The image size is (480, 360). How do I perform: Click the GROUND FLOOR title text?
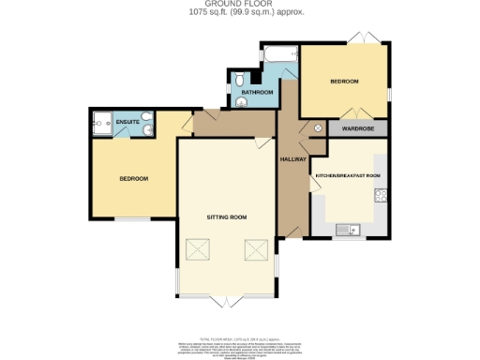click(x=240, y=5)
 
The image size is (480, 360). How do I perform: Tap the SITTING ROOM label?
click(x=227, y=217)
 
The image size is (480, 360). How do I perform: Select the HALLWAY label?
click(x=293, y=159)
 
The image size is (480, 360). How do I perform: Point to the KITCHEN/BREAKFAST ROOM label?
click(x=348, y=175)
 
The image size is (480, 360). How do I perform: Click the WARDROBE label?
click(x=358, y=127)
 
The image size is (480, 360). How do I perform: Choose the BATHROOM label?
click(x=257, y=92)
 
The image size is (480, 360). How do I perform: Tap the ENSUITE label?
click(x=127, y=122)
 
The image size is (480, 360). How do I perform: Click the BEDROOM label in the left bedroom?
click(x=133, y=178)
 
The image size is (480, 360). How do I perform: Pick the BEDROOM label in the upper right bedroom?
click(x=344, y=82)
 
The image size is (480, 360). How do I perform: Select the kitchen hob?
click(x=381, y=196)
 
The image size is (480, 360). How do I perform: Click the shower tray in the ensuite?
click(x=101, y=121)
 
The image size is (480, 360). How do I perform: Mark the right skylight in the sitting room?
click(x=256, y=250)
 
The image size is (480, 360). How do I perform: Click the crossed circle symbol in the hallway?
click(x=317, y=127)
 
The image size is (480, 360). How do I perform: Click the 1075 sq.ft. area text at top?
click(x=240, y=13)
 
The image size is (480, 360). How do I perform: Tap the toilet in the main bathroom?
click(x=240, y=79)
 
